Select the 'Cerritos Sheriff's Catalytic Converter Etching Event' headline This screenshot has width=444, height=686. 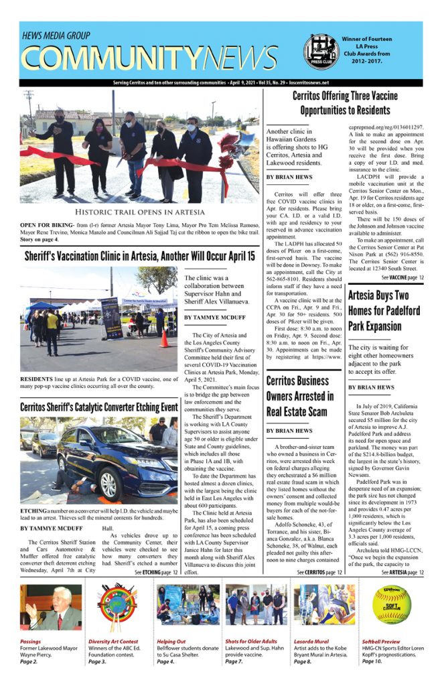pos(98,407)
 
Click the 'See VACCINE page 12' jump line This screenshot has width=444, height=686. pos(402,277)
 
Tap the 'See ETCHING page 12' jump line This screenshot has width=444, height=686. pos(156,573)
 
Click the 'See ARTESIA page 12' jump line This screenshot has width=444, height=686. pos(402,573)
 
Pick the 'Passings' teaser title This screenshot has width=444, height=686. pos(30,641)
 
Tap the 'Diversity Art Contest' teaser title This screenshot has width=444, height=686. pos(113,641)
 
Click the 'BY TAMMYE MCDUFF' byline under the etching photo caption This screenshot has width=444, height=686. pos(51,529)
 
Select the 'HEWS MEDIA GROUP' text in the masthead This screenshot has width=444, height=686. pos(56,35)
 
